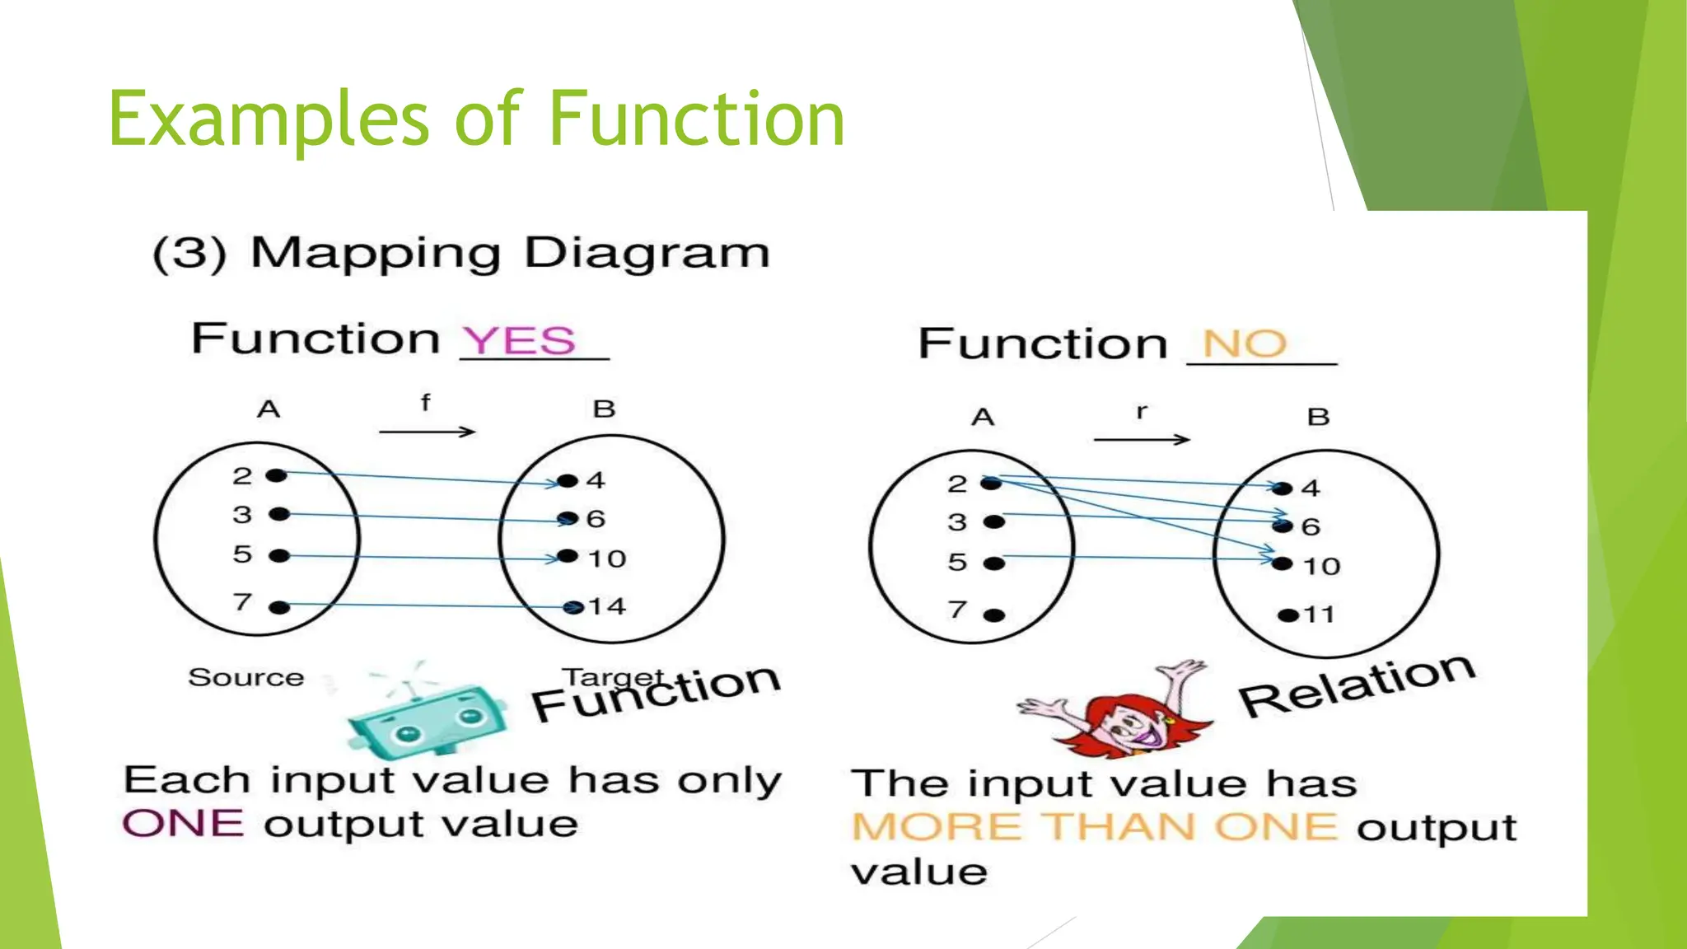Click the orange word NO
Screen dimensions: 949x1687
click(1245, 344)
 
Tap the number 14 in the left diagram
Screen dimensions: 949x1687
click(607, 607)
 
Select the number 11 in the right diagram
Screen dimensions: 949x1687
click(1319, 615)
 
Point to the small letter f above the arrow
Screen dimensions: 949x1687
click(425, 403)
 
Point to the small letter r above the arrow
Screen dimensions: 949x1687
click(1141, 411)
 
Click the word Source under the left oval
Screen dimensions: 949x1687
click(246, 677)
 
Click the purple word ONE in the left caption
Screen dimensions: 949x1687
click(183, 824)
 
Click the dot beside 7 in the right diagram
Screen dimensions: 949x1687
click(994, 615)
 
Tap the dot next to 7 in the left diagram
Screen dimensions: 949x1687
click(279, 608)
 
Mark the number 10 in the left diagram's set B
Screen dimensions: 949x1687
click(607, 559)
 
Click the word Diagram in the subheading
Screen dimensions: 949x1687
click(647, 254)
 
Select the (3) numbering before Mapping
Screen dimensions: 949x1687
click(189, 254)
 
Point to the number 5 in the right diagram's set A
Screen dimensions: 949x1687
click(956, 563)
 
